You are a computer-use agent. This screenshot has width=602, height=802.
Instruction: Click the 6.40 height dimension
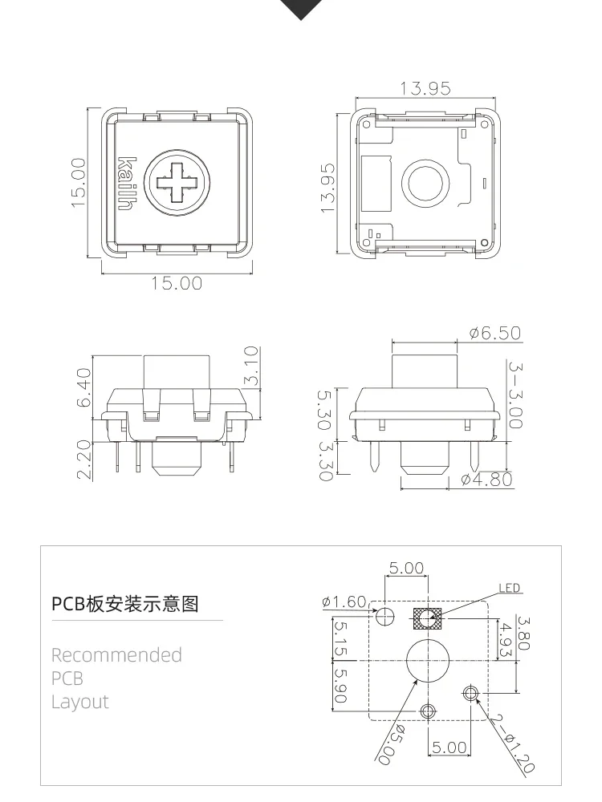click(x=84, y=388)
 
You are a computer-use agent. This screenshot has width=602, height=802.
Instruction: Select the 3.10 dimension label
click(x=251, y=366)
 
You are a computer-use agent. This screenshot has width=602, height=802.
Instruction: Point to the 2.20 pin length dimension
click(x=84, y=460)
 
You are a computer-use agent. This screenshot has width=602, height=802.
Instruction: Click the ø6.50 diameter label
click(x=495, y=333)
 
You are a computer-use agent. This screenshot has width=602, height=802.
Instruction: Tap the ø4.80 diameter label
click(x=487, y=480)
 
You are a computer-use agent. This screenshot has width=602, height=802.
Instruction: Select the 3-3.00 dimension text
click(x=515, y=394)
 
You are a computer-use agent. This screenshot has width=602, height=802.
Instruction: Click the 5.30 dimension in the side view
click(x=325, y=409)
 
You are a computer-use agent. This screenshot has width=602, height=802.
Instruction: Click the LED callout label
click(x=509, y=588)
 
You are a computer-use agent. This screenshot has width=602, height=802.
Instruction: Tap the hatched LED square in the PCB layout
click(x=426, y=619)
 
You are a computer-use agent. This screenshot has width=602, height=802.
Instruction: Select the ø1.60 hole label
click(x=344, y=601)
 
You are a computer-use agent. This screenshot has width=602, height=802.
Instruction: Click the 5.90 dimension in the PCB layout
click(x=340, y=687)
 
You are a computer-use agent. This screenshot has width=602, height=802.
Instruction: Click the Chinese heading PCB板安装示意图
click(x=124, y=604)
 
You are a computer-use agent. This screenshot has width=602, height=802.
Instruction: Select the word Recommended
click(x=116, y=654)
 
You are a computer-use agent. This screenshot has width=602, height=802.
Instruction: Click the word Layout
click(x=79, y=702)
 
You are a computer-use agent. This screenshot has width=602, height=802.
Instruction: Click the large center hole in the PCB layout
click(x=427, y=660)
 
